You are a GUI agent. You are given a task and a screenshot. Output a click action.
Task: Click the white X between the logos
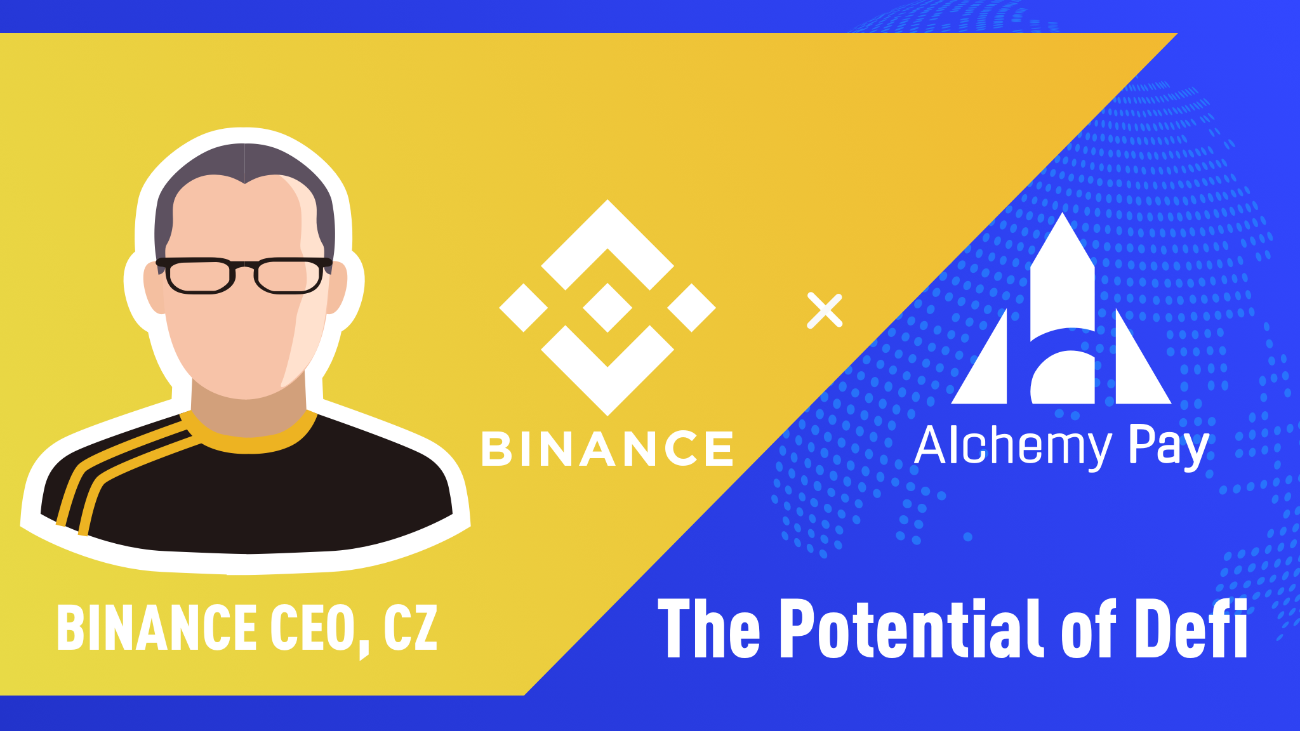[825, 311]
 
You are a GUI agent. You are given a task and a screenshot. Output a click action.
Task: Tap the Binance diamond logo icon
[607, 307]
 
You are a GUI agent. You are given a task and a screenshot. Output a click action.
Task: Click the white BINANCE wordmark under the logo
[607, 449]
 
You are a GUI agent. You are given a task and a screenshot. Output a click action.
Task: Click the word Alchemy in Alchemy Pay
[1012, 447]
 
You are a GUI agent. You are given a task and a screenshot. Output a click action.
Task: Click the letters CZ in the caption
[410, 628]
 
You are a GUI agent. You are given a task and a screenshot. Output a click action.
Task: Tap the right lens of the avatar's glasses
[289, 276]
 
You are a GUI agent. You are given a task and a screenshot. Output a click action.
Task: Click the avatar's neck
[248, 412]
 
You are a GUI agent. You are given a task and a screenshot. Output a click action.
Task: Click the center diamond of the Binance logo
[607, 308]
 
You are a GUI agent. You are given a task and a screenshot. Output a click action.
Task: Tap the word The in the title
[708, 628]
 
